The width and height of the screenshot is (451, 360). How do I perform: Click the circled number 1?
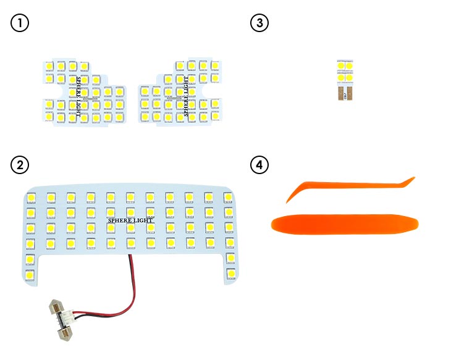20,23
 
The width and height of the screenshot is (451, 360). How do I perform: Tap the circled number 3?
259,23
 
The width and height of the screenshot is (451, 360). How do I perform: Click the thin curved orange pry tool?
346,187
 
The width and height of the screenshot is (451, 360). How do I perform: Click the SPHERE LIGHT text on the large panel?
131,220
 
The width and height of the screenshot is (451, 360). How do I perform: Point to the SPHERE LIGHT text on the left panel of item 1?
78,98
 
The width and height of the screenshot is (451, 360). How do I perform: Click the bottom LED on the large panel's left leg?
30,273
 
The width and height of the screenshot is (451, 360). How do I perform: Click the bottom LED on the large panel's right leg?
231,272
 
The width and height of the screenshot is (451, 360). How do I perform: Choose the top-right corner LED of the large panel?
228,196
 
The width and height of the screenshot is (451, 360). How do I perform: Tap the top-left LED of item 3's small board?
340,65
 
